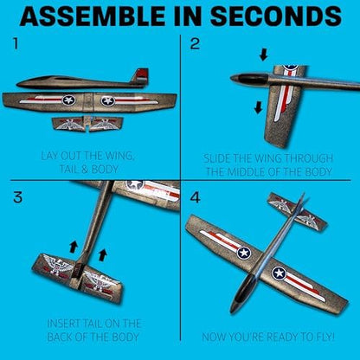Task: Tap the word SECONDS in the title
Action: click(x=276, y=16)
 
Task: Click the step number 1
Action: click(x=16, y=44)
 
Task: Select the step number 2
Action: click(x=195, y=44)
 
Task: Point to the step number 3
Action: click(x=17, y=197)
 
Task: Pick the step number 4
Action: click(x=196, y=197)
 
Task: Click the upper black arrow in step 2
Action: click(x=263, y=55)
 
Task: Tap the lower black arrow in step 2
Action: click(x=258, y=107)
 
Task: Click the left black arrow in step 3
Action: click(x=74, y=247)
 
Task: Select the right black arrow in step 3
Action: click(x=102, y=255)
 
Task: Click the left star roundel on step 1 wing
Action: click(x=68, y=100)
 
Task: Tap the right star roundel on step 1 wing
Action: click(x=108, y=100)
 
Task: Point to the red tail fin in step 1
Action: click(x=140, y=75)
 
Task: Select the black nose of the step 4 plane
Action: click(x=241, y=294)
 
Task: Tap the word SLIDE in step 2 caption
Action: click(x=216, y=158)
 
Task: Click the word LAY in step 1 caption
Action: click(x=49, y=156)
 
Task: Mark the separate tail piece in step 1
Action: click(x=86, y=125)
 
